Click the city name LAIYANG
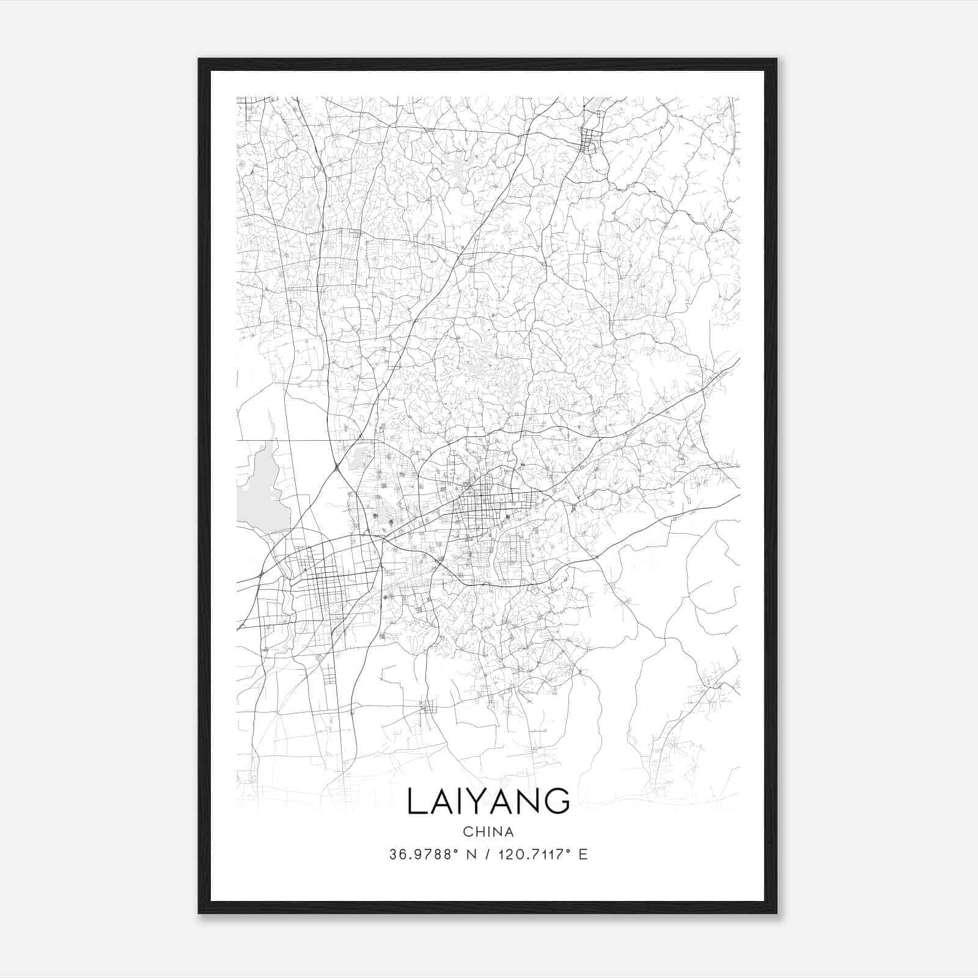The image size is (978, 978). (x=488, y=801)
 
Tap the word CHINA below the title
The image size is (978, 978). (x=488, y=832)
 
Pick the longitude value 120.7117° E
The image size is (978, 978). (x=539, y=855)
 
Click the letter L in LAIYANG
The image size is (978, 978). (x=416, y=801)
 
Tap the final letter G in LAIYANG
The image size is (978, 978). (x=557, y=801)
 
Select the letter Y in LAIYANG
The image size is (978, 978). (x=483, y=801)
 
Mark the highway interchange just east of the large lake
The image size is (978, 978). (x=337, y=466)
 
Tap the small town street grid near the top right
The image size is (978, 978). (x=590, y=141)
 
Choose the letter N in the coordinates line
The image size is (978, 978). (x=471, y=855)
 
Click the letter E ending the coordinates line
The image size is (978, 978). (x=583, y=855)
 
